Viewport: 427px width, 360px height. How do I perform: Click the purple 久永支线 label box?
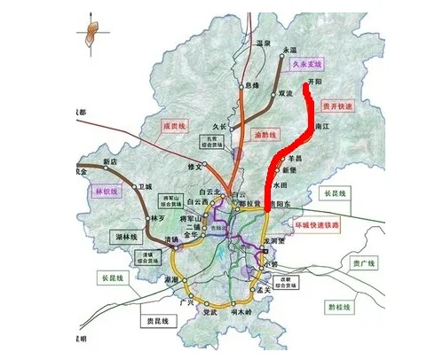point(308,65)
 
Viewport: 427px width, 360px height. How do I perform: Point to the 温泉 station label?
point(262,42)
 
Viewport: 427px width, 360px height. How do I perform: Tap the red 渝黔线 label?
point(267,134)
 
